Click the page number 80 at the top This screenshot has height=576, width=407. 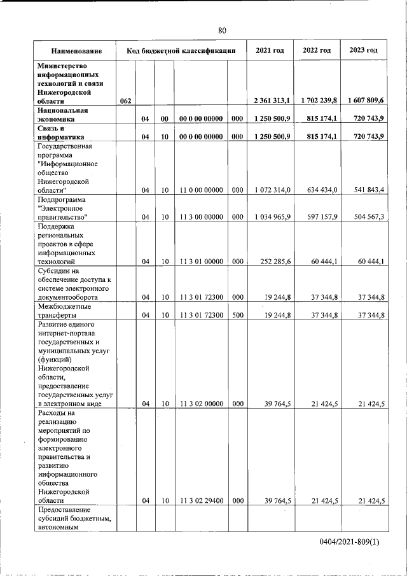(x=222, y=30)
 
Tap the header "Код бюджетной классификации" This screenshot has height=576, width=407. (x=181, y=50)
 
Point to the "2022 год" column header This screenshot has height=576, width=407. (x=317, y=50)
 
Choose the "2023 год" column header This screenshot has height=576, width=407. (x=363, y=50)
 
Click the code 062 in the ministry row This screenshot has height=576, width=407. (x=125, y=101)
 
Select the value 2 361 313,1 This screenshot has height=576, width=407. (x=272, y=101)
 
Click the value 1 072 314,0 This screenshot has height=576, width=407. (x=272, y=190)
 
